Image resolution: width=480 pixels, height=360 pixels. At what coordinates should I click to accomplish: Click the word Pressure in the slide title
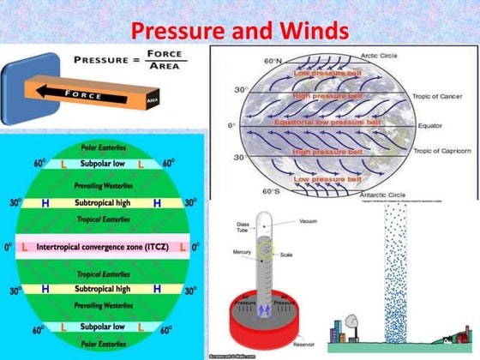[177, 32]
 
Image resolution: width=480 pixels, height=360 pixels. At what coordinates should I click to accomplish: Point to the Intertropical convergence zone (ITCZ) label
[104, 246]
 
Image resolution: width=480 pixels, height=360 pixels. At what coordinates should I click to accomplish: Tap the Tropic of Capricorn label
[442, 151]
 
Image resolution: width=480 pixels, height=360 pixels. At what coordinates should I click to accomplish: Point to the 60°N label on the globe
[273, 62]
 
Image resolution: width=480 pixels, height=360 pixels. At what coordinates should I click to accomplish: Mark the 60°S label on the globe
[273, 190]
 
